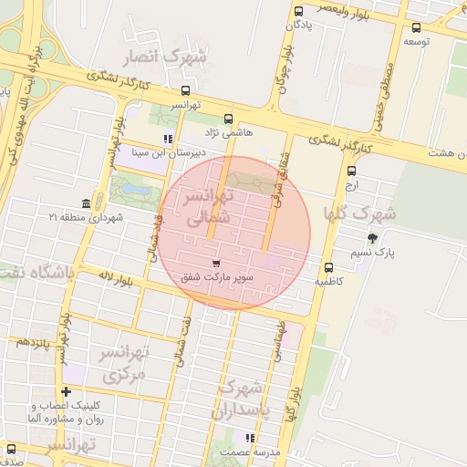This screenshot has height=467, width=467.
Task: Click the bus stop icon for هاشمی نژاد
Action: pyautogui.click(x=228, y=118)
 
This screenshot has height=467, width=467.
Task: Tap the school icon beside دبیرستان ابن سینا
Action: pyautogui.click(x=167, y=140)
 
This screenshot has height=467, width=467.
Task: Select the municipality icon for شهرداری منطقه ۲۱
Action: pyautogui.click(x=86, y=202)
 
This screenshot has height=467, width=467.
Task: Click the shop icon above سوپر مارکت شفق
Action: pyautogui.click(x=215, y=263)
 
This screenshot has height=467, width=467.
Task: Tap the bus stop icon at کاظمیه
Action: pyautogui.click(x=328, y=267)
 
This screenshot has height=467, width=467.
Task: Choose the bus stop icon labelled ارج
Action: pyautogui.click(x=352, y=170)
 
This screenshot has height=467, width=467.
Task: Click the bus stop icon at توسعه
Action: pyautogui.click(x=417, y=27)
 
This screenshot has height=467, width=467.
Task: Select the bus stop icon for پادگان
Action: pyautogui.click(x=299, y=11)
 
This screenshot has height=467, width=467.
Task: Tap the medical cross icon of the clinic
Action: pyautogui.click(x=66, y=391)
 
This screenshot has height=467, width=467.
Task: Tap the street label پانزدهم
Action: pyautogui.click(x=32, y=342)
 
